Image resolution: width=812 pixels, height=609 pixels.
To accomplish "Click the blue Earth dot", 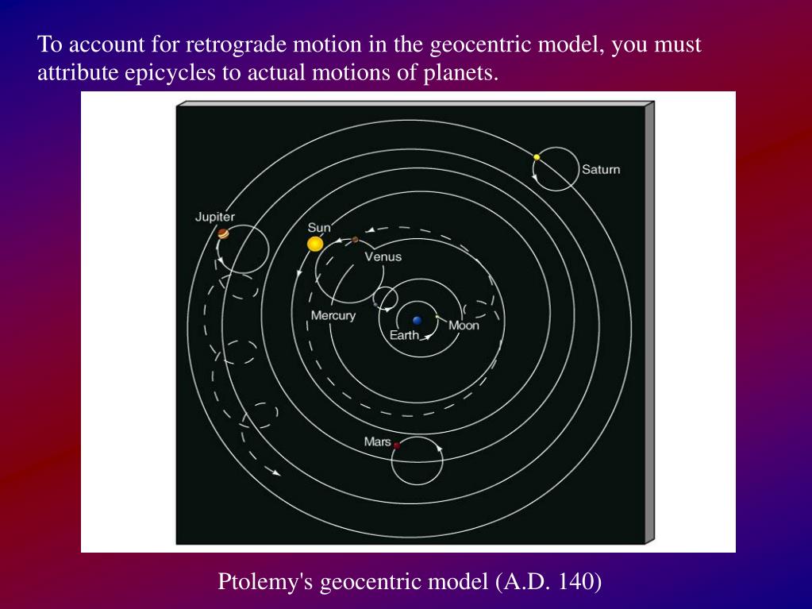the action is (x=418, y=321).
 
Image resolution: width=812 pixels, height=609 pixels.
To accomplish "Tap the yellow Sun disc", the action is (x=315, y=244).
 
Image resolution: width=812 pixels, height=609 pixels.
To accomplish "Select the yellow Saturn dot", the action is (x=537, y=157).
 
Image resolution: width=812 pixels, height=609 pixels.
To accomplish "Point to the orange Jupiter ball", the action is (x=223, y=233).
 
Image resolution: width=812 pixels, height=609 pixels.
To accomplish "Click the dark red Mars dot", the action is (x=397, y=445).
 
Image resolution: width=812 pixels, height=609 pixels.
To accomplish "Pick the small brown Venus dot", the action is (x=356, y=240).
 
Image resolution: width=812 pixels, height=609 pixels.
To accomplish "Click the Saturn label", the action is (x=601, y=169).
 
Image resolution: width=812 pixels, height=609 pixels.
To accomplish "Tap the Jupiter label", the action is (x=215, y=217).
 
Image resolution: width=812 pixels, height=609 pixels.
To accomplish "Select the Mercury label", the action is (x=333, y=315).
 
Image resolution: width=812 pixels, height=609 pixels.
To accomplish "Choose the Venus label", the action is (x=383, y=256).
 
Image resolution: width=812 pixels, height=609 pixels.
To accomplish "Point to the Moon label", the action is (x=464, y=326).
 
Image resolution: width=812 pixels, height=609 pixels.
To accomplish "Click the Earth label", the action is (x=405, y=335).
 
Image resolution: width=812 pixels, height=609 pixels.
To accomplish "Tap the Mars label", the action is (x=378, y=441).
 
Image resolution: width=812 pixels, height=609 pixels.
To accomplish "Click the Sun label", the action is (x=319, y=227).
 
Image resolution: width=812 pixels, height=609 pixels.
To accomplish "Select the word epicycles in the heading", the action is (x=170, y=72).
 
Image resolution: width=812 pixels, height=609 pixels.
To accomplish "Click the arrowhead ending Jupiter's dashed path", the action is (x=276, y=472).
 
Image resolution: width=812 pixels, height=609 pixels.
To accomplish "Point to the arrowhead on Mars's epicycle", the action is (x=439, y=448).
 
